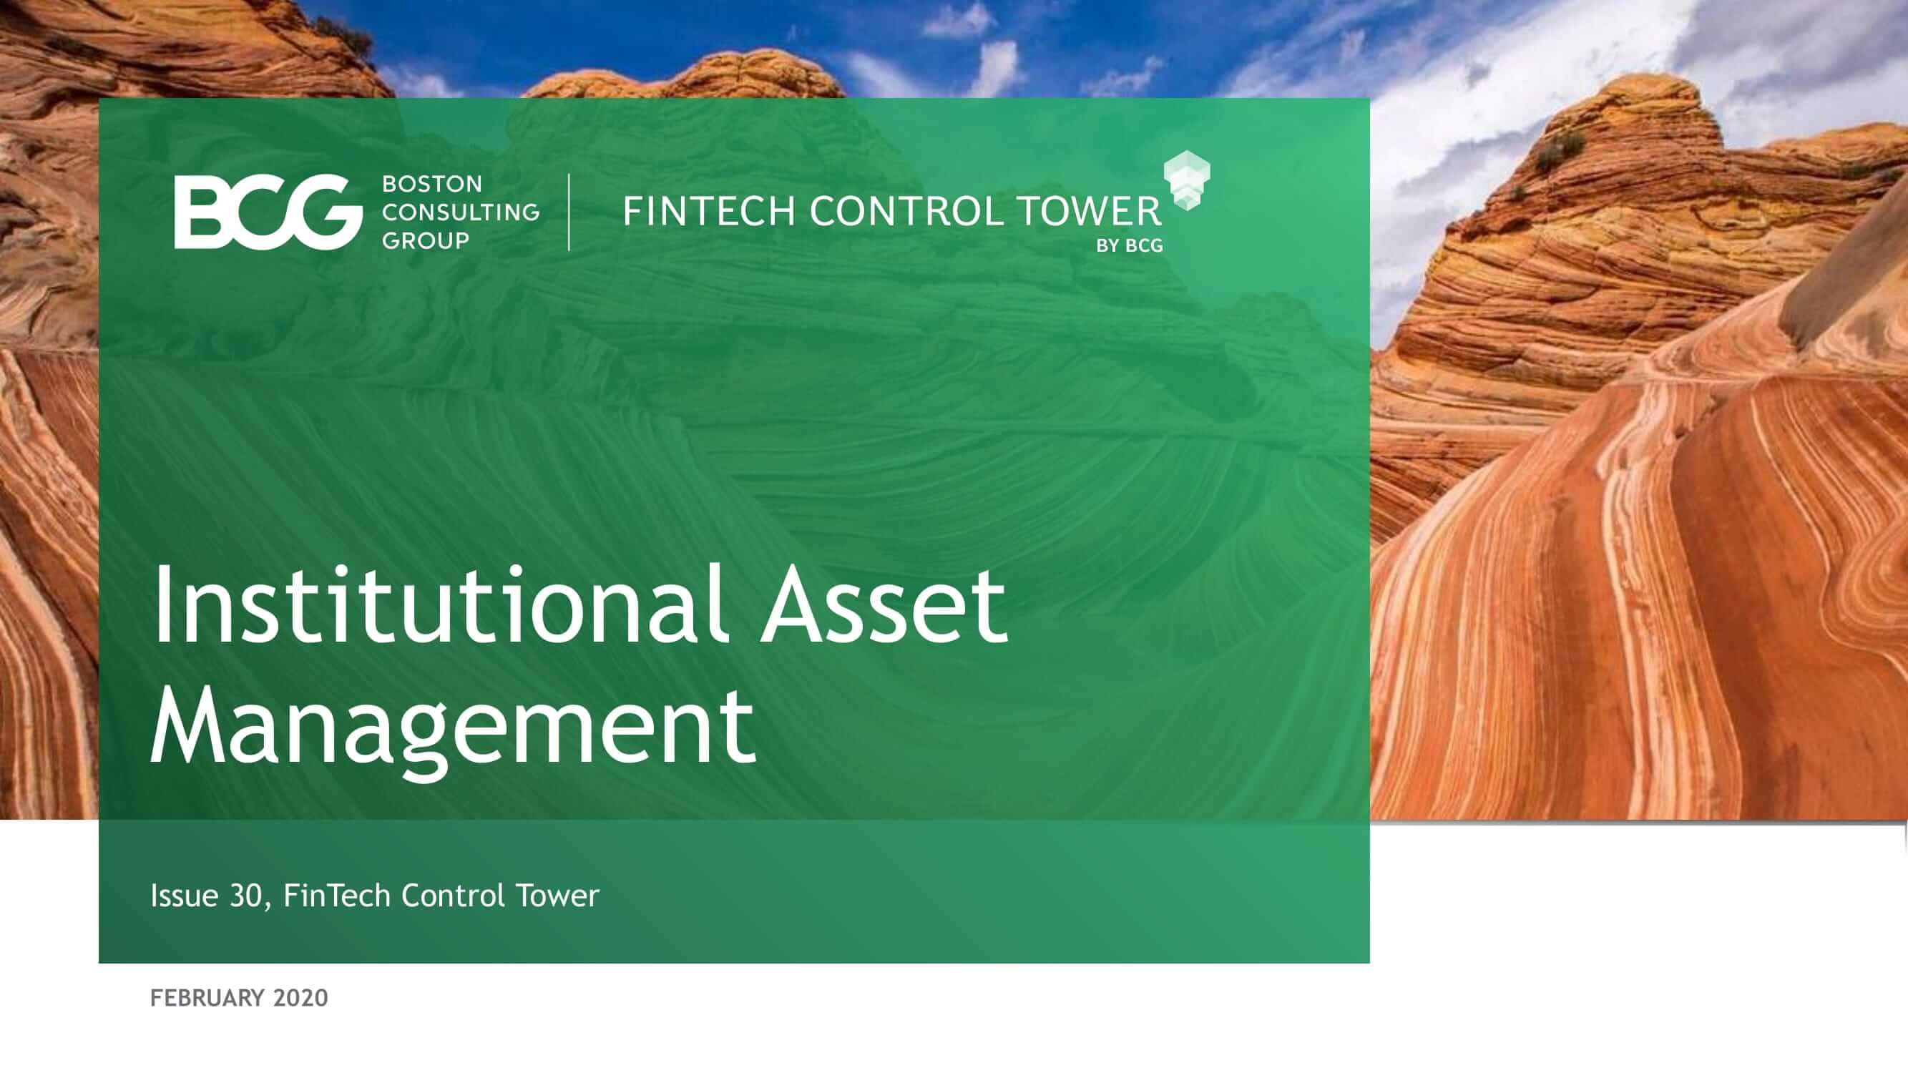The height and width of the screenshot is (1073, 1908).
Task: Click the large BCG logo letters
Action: coord(268,212)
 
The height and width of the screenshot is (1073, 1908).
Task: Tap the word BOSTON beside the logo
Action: coord(432,184)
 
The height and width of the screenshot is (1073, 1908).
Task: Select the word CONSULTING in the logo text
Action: coord(461,212)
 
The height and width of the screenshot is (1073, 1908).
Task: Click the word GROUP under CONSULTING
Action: coord(426,240)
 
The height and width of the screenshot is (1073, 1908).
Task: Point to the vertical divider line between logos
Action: coord(569,212)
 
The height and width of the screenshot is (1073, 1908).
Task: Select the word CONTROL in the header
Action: coord(906,211)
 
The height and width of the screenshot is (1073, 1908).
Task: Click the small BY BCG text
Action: coord(1130,246)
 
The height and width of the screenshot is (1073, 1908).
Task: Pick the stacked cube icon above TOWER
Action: coord(1187,181)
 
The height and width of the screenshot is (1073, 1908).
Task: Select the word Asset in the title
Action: coord(884,607)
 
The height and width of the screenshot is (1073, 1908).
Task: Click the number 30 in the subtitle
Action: coord(246,896)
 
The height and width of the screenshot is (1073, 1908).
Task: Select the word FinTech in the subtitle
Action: coord(336,896)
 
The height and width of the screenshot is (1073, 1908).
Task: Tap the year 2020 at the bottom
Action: coord(300,998)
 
